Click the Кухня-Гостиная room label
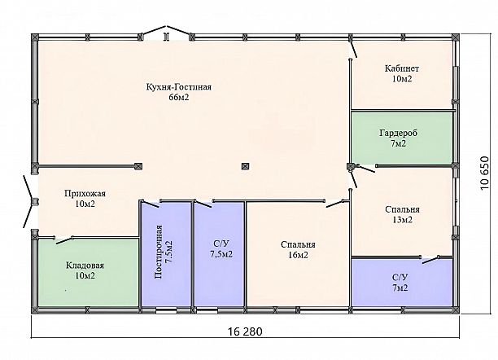(179, 87)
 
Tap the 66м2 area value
(179, 98)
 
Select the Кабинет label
(402, 68)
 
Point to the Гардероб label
(398, 133)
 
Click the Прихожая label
(85, 194)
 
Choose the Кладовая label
(85, 266)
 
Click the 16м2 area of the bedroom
(298, 255)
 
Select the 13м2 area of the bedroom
(403, 220)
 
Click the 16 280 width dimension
(245, 331)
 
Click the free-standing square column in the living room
(245, 166)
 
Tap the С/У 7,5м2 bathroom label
(221, 249)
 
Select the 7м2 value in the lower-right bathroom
(400, 288)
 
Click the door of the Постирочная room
(150, 204)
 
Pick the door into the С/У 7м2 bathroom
(430, 260)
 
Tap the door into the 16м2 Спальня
(336, 204)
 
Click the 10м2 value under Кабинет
(402, 79)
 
